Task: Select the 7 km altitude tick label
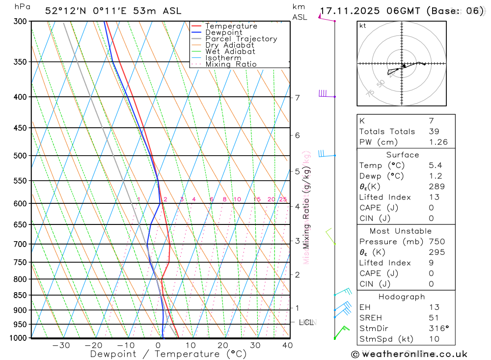[x=297, y=97]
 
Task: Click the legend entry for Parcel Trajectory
[x=241, y=39]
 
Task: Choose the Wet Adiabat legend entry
[x=230, y=52]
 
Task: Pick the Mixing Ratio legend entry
[x=231, y=64]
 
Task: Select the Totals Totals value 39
[x=434, y=131]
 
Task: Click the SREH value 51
[x=434, y=318]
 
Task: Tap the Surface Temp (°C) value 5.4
[x=436, y=166]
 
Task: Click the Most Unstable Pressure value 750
[x=436, y=242]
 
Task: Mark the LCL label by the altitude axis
[x=306, y=322]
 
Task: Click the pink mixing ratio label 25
[x=283, y=199]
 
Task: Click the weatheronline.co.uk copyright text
[x=409, y=354]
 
